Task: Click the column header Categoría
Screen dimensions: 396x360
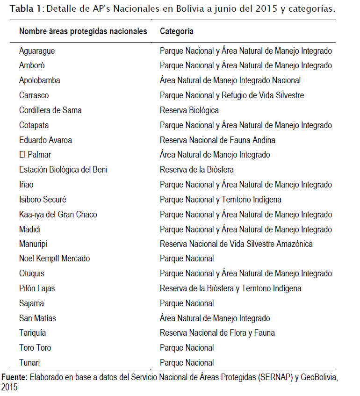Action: pos(177,31)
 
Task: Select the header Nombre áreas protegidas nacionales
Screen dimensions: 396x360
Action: pos(83,31)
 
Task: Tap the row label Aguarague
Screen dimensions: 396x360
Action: pos(37,50)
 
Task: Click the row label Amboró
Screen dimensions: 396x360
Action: pos(32,65)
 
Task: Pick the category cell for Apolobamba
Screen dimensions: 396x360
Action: pos(230,80)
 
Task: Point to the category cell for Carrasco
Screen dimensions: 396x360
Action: pos(231,95)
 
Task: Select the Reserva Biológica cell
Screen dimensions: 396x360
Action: pos(189,110)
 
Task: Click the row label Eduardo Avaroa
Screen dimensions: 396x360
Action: pos(45,140)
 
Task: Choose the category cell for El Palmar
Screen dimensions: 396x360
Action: pos(215,155)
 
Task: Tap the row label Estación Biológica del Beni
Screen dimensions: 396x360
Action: pos(63,170)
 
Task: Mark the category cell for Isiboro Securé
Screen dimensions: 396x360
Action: pos(220,200)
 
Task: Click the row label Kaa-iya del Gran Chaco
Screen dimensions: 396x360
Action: pos(58,215)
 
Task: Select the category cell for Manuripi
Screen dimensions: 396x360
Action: pos(236,244)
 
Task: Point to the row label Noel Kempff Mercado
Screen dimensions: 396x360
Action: pos(54,259)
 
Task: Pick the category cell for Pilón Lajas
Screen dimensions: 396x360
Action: pos(230,288)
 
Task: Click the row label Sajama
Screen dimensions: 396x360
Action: pos(31,303)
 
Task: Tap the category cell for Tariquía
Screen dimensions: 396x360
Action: pos(217,333)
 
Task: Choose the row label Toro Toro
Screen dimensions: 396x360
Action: pos(35,348)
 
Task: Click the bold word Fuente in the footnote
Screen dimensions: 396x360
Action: pos(14,377)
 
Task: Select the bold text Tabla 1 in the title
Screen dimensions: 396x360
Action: pos(26,9)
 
